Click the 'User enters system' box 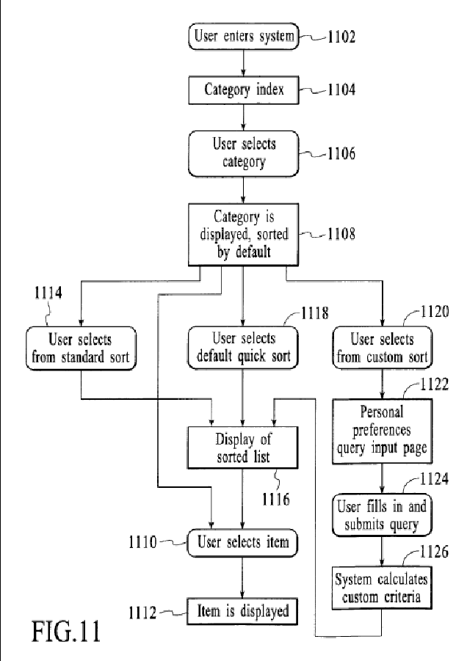click(244, 36)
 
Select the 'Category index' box click(244, 90)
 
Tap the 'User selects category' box click(244, 153)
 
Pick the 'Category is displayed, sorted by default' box click(244, 234)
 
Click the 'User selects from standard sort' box click(81, 348)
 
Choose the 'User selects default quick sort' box click(243, 347)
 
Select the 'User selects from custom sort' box click(383, 348)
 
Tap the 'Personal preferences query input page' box click(383, 431)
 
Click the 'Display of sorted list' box click(242, 448)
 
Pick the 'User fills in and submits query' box click(383, 515)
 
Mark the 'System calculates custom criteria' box click(382, 588)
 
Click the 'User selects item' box click(242, 543)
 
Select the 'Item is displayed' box click(242, 611)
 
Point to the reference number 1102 click(341, 37)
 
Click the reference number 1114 click(48, 293)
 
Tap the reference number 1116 click(276, 500)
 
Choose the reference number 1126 click(434, 552)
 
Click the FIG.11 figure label click(66, 631)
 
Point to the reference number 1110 click(142, 542)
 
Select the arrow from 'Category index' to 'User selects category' click(244, 117)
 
